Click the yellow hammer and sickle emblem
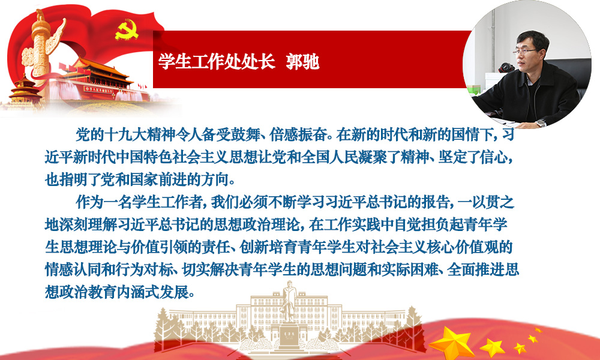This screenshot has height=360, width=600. coord(126,30)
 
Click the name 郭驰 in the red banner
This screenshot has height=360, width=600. coord(302,61)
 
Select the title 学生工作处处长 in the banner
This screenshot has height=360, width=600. coord(217,61)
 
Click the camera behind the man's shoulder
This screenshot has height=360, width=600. coord(506,68)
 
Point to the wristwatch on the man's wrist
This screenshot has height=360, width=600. coord(541,123)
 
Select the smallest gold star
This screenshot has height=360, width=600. coord(538,330)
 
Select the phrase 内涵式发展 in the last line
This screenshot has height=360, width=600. coord(153,293)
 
